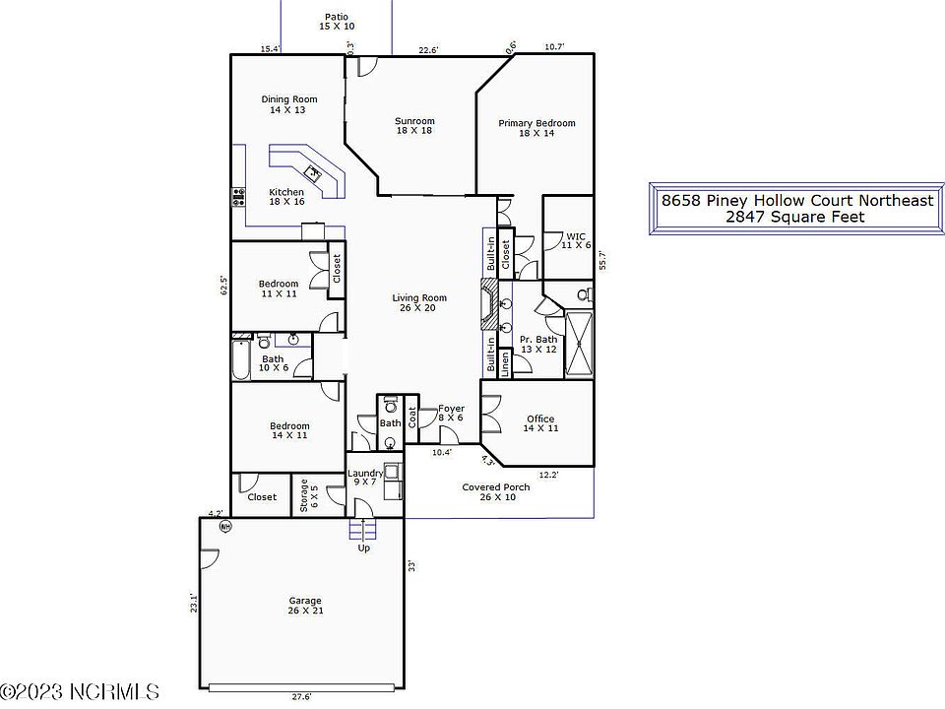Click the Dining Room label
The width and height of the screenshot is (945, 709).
[289, 104]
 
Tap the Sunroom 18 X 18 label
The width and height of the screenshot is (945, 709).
[414, 125]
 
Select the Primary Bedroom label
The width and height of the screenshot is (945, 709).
[536, 128]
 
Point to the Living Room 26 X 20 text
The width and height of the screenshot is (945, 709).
[420, 303]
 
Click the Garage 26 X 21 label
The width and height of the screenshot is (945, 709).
[305, 606]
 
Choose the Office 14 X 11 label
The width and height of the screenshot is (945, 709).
[540, 423]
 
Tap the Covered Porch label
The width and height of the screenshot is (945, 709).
[496, 492]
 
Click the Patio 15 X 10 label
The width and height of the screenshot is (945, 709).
[337, 22]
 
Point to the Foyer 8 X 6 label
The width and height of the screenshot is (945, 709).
[451, 413]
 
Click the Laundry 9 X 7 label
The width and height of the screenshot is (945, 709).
[365, 479]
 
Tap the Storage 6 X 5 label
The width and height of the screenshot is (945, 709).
[304, 495]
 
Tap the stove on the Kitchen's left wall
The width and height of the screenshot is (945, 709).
[237, 196]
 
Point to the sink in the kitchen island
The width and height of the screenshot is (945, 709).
[314, 173]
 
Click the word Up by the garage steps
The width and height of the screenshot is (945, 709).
[364, 548]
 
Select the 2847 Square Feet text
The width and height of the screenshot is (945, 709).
[795, 217]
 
